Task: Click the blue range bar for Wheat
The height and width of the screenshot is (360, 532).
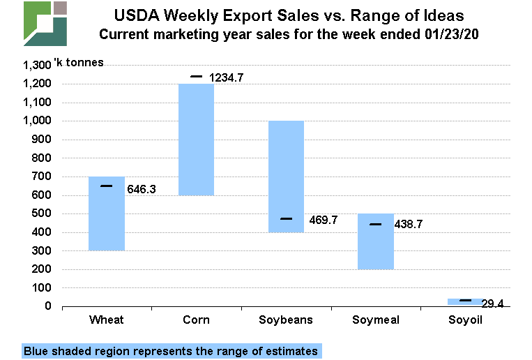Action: click(107, 213)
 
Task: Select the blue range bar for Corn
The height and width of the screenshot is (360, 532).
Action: click(196, 139)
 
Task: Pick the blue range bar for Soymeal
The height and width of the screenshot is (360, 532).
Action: click(375, 241)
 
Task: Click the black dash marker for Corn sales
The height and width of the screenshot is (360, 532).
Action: click(196, 76)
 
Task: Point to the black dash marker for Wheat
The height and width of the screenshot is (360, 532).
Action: click(107, 186)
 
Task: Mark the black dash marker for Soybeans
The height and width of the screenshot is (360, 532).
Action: click(286, 219)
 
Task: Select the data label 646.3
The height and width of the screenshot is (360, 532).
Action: click(142, 188)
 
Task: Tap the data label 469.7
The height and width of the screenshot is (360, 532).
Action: click(323, 220)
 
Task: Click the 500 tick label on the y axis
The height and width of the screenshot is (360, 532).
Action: click(43, 213)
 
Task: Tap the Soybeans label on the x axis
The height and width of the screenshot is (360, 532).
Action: click(286, 320)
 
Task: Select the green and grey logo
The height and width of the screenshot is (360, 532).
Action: click(45, 24)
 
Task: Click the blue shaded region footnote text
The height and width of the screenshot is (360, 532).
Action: click(171, 351)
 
